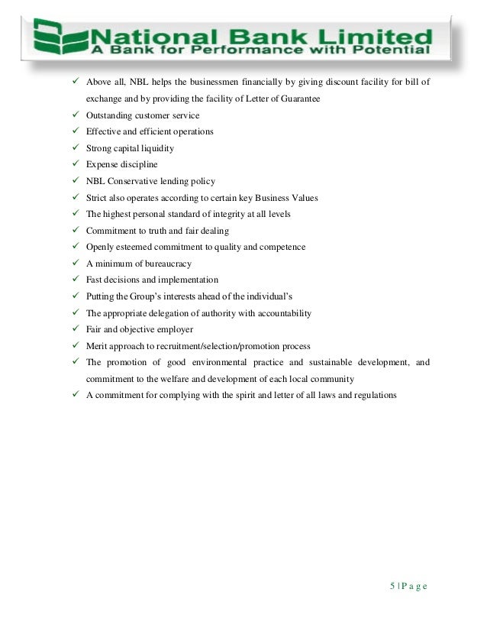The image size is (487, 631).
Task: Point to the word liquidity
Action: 156,148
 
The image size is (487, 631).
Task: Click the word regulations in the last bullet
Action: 372,396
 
